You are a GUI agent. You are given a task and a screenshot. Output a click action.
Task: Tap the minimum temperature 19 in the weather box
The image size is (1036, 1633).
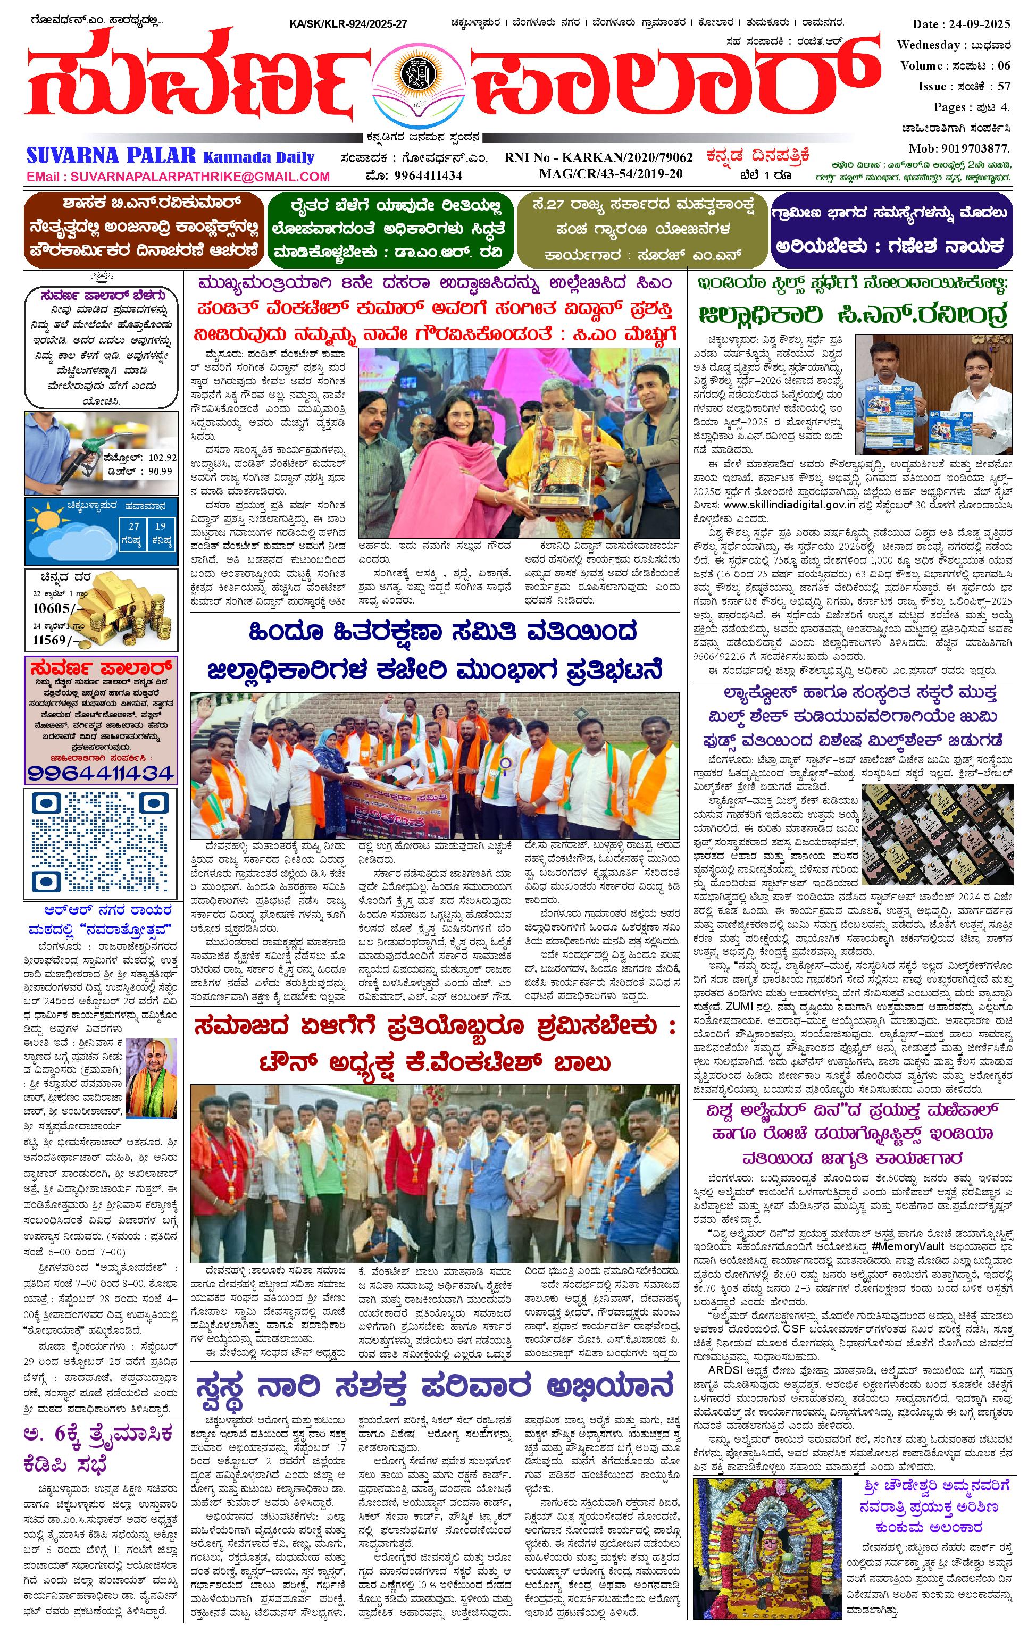pos(160,525)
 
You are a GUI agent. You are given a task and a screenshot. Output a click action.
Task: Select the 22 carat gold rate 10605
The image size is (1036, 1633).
pos(52,608)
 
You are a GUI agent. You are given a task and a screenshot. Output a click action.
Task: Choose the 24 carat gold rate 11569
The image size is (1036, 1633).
pos(52,640)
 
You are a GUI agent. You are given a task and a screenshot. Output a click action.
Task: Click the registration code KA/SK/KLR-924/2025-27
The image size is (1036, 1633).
pos(348,24)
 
